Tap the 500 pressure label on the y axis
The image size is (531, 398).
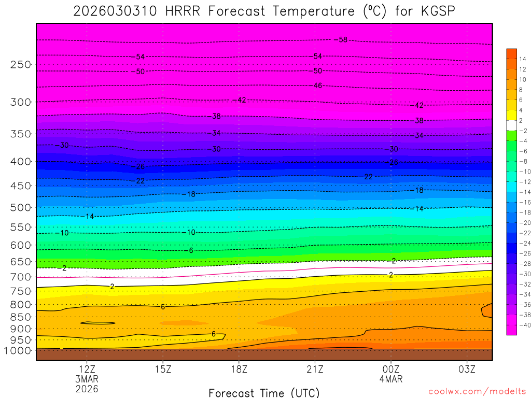click(x=21, y=208)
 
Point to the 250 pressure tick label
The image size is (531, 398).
click(x=21, y=65)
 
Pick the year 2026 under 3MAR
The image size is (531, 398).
click(x=87, y=388)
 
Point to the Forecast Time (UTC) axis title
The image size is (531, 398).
click(x=264, y=393)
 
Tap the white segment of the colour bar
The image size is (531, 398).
click(x=512, y=125)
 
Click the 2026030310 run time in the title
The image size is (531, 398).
click(x=115, y=11)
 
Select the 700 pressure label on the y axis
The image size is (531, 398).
click(x=21, y=277)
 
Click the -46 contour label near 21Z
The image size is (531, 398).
click(x=317, y=86)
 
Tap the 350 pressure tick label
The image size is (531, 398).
click(x=21, y=134)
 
